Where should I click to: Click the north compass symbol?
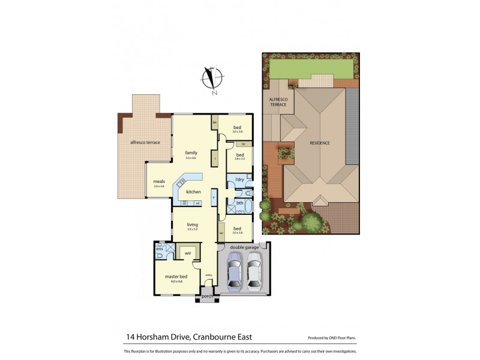(213, 80)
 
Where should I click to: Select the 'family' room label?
(191, 152)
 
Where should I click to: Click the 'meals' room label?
(158, 181)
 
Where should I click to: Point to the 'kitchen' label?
(193, 191)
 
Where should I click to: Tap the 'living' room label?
(191, 224)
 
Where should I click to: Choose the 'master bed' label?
(176, 277)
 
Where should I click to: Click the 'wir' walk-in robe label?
(188, 254)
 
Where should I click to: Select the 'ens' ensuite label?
(160, 249)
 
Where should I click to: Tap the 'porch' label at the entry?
(207, 296)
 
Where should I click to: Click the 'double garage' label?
(243, 247)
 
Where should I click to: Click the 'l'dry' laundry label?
(239, 179)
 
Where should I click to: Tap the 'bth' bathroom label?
(239, 203)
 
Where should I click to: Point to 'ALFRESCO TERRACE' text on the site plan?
(278, 103)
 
